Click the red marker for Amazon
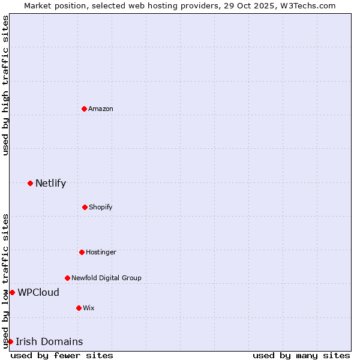click(84, 109)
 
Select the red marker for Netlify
click(30, 183)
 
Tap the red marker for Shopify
click(85, 207)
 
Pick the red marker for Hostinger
click(82, 252)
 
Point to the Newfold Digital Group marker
click(67, 278)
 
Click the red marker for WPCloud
click(12, 292)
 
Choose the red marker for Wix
click(79, 308)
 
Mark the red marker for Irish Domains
click(10, 341)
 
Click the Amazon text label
click(101, 109)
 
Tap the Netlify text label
click(50, 183)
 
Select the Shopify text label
click(101, 207)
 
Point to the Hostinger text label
click(101, 252)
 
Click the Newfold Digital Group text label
click(106, 278)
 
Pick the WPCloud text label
click(38, 292)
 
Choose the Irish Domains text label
click(49, 341)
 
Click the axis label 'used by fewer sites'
click(62, 355)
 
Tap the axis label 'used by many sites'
click(301, 355)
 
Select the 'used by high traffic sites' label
click(5, 86)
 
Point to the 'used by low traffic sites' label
click(5, 281)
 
